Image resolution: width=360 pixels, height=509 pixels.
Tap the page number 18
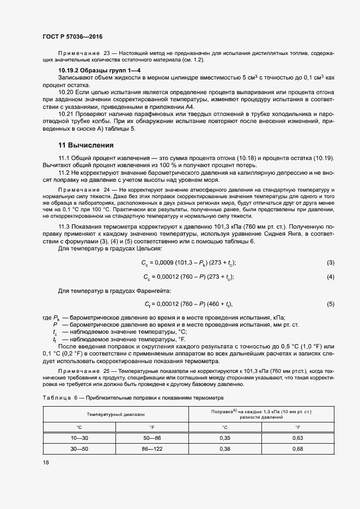point(46,462)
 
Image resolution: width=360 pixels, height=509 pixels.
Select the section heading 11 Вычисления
point(86,145)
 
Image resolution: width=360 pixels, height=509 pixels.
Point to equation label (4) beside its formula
point(330,277)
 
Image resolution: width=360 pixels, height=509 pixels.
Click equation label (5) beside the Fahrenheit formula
point(330,304)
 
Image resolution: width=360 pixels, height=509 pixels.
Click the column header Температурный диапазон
point(115,414)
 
